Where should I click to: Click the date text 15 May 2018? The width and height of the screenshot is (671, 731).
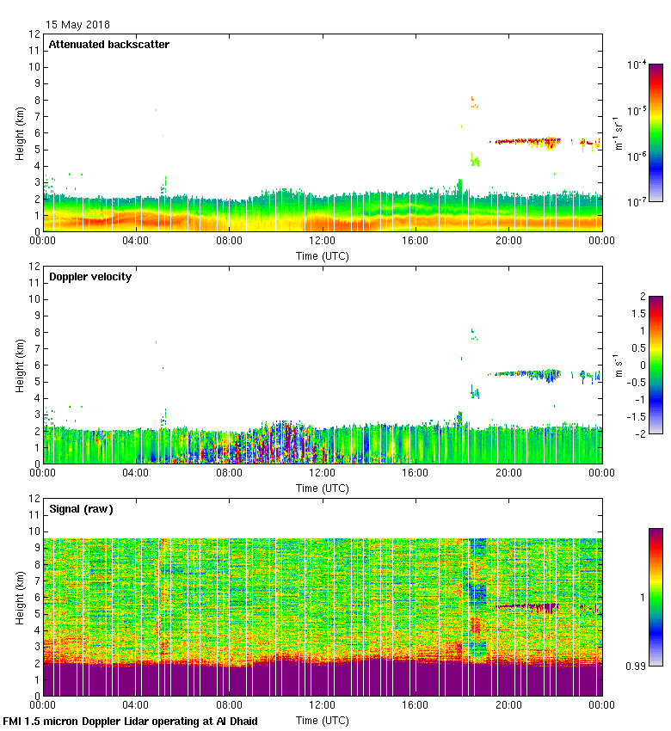click(x=77, y=25)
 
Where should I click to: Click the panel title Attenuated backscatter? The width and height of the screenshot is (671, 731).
click(x=108, y=44)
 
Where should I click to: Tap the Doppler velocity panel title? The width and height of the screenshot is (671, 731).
click(x=89, y=276)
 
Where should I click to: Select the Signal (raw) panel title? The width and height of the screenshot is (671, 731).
click(x=81, y=508)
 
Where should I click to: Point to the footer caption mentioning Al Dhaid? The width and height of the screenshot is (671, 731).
click(x=131, y=721)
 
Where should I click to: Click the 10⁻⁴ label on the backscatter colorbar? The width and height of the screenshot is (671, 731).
click(x=637, y=64)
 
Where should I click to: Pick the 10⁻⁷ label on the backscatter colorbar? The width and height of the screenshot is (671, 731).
click(x=637, y=201)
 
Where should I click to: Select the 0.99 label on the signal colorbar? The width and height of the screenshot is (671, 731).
click(x=637, y=665)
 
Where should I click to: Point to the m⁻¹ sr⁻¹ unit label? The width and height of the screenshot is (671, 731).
click(x=619, y=132)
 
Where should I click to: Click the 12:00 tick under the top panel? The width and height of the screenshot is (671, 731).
click(x=323, y=242)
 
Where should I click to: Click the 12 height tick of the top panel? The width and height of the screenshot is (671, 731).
click(x=35, y=34)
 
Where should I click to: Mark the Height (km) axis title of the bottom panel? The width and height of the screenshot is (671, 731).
click(x=19, y=597)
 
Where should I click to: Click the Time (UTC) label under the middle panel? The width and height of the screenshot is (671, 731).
click(x=323, y=488)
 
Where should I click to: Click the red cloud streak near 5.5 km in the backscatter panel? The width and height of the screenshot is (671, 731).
click(x=525, y=140)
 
